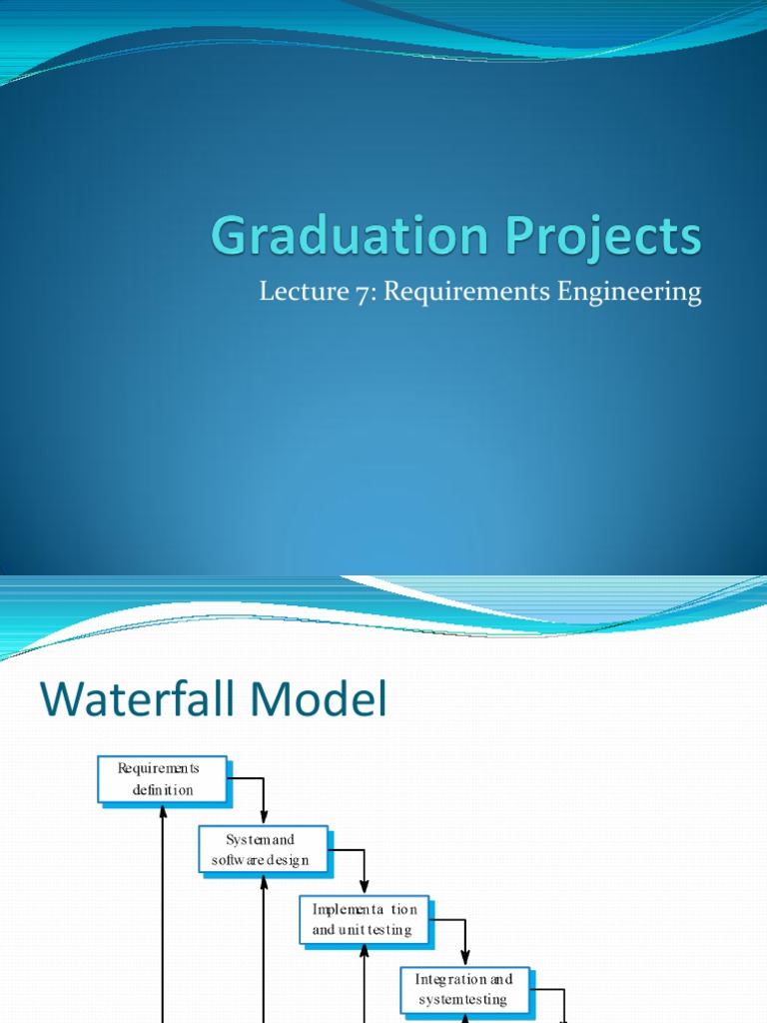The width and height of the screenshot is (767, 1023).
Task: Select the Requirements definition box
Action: point(162,779)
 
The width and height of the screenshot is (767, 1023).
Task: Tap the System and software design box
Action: point(263,849)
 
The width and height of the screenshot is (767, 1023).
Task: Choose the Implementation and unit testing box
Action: point(365,919)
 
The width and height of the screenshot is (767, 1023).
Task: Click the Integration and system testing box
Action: point(465,989)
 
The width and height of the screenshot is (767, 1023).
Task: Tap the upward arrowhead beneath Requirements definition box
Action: point(162,812)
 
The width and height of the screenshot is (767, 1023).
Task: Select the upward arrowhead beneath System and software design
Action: point(264,882)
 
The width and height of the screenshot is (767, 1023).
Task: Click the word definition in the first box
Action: point(163,789)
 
